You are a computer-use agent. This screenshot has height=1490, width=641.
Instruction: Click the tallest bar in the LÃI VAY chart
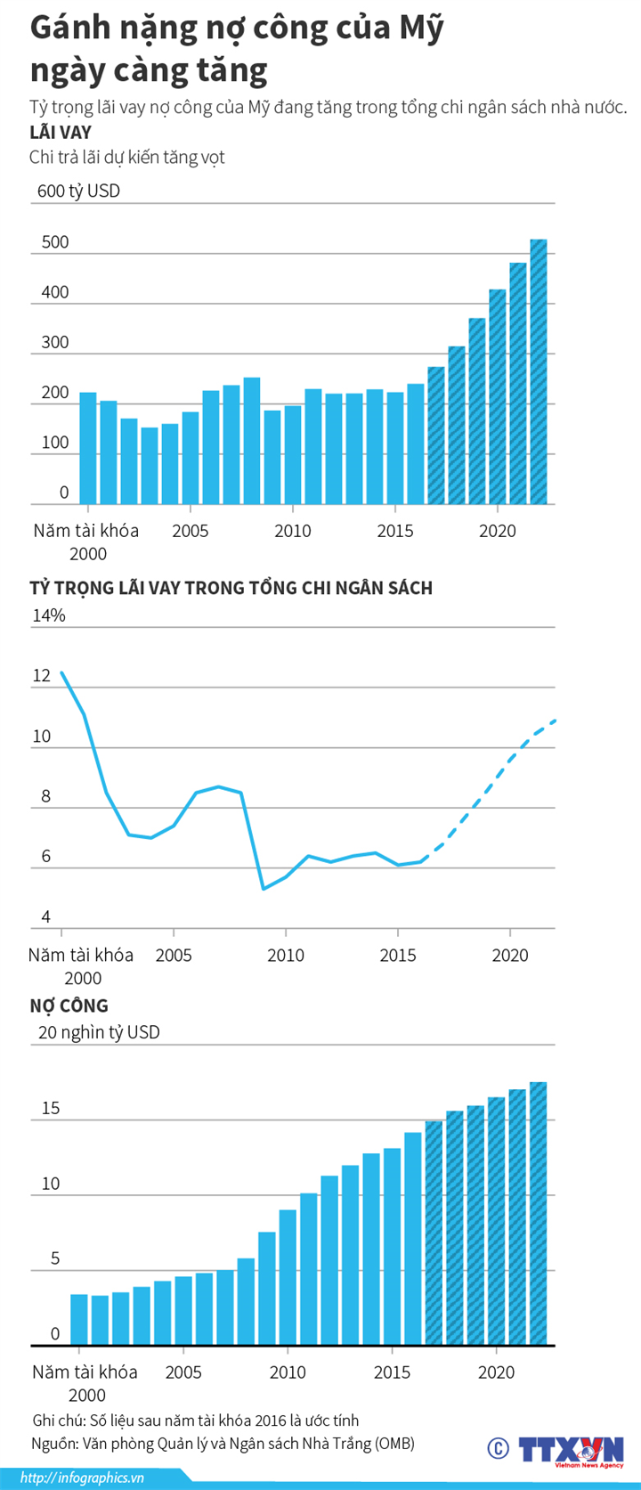(x=539, y=371)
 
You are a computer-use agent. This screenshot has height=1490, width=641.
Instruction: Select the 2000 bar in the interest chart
(x=88, y=448)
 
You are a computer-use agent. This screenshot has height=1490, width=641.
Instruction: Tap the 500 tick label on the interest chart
(x=55, y=242)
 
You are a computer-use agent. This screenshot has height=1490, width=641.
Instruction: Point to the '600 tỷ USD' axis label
(x=78, y=191)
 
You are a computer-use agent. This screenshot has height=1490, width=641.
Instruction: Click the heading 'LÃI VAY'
(x=61, y=133)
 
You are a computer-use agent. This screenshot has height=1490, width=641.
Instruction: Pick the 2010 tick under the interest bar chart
(x=292, y=531)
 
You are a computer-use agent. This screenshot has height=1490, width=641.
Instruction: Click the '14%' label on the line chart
(x=49, y=615)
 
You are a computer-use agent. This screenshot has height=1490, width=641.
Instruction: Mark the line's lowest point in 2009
(x=264, y=888)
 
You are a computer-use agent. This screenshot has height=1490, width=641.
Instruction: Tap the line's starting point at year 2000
(x=61, y=672)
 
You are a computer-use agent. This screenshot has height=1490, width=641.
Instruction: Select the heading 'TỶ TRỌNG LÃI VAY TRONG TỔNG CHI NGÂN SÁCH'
(x=231, y=588)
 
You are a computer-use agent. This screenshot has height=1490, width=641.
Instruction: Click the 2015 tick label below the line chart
(x=398, y=955)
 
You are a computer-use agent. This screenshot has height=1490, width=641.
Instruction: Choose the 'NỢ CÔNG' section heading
(x=69, y=1006)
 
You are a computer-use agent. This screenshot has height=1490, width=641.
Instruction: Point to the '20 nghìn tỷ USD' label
(x=99, y=1032)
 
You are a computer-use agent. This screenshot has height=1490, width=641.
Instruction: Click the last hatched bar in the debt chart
(x=539, y=1213)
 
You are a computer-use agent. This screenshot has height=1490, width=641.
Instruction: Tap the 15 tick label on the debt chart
(x=51, y=1108)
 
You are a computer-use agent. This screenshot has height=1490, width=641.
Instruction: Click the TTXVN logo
(x=571, y=1449)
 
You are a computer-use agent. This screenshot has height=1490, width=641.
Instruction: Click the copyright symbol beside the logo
(x=498, y=1449)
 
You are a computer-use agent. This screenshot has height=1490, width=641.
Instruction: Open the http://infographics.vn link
(x=82, y=1478)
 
